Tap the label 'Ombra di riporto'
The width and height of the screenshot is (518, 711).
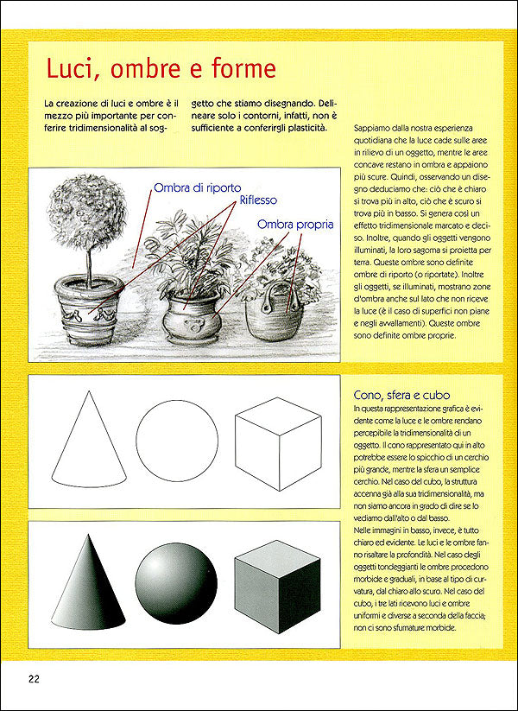[x=197, y=187]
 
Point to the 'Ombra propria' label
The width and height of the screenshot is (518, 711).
[x=295, y=225]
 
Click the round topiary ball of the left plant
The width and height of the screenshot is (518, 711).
[x=86, y=219]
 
